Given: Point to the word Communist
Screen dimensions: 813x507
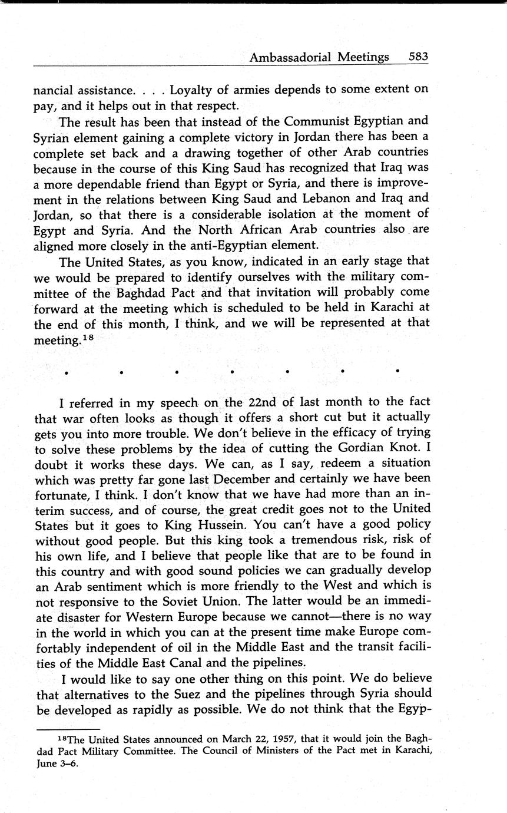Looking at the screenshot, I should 319,122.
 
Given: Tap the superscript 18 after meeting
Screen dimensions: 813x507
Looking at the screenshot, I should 87,336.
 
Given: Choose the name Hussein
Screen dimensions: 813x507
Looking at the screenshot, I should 304,523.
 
